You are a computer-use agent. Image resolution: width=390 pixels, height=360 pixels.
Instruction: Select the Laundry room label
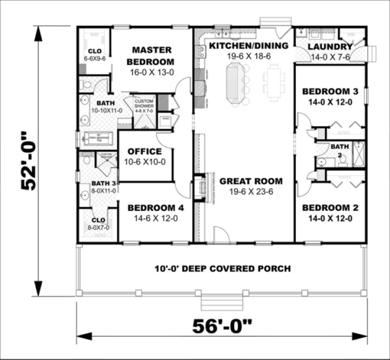pyautogui.click(x=330, y=47)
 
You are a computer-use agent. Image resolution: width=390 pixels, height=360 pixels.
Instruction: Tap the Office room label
pyautogui.click(x=144, y=152)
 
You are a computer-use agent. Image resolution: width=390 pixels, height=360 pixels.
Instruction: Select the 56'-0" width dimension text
pyautogui.click(x=223, y=326)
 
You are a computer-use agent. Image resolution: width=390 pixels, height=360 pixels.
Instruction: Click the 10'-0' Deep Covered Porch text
pyautogui.click(x=223, y=268)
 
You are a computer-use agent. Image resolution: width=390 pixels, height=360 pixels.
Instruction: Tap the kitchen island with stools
pyautogui.click(x=235, y=81)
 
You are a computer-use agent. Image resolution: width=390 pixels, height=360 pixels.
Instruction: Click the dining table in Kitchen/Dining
pyautogui.click(x=274, y=81)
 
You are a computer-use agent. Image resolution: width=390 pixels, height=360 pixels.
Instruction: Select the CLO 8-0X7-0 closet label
pyautogui.click(x=99, y=224)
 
